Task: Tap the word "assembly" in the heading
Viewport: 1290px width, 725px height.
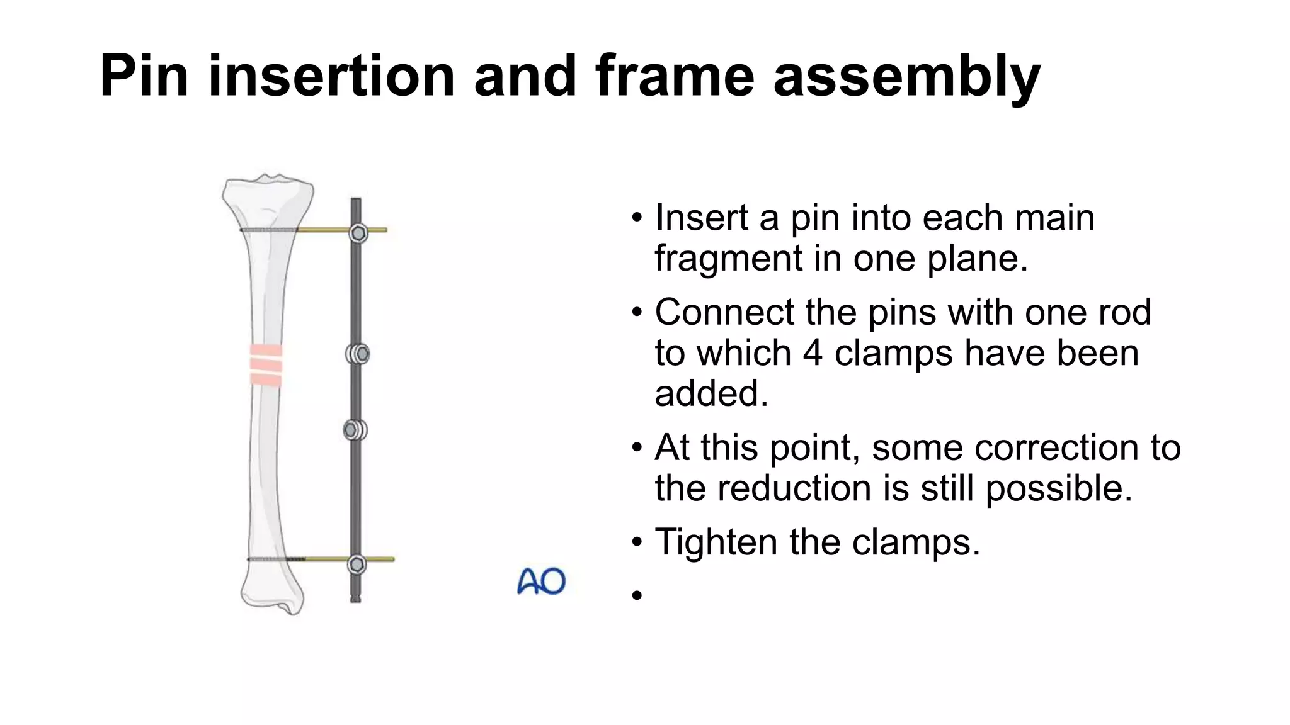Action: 906,77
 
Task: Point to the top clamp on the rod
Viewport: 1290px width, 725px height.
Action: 358,233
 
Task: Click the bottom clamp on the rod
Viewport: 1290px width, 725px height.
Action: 357,565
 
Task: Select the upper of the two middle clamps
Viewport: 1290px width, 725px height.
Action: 358,354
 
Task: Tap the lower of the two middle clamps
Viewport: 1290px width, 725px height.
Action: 355,430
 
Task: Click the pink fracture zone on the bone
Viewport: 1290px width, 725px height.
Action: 265,364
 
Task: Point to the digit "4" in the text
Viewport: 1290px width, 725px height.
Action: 812,352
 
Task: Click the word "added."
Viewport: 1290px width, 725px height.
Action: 711,393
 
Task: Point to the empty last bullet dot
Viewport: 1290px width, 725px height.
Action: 637,595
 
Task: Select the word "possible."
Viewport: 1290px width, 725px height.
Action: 1058,488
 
